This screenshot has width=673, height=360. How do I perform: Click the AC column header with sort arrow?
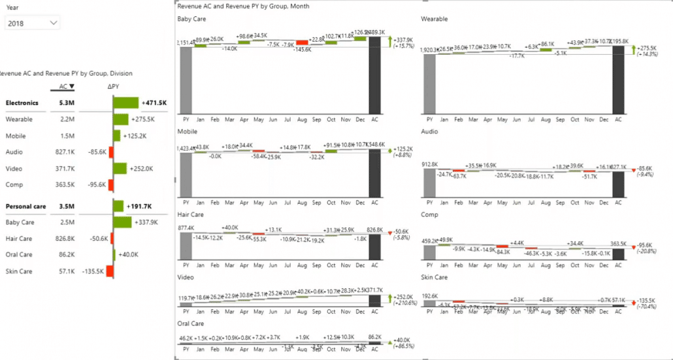point(63,86)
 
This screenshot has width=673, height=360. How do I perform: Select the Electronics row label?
point(22,103)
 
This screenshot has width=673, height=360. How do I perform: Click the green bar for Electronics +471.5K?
point(126,103)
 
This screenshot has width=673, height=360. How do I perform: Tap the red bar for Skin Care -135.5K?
point(110,270)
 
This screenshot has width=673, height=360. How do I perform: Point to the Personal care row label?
point(25,206)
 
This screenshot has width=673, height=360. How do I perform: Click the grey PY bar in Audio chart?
point(429,183)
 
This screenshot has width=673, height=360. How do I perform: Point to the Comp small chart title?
point(429,214)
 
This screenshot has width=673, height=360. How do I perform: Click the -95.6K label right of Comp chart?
point(646,246)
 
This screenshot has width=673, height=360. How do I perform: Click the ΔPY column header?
point(114,86)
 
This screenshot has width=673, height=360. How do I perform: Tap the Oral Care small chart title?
point(191,323)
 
